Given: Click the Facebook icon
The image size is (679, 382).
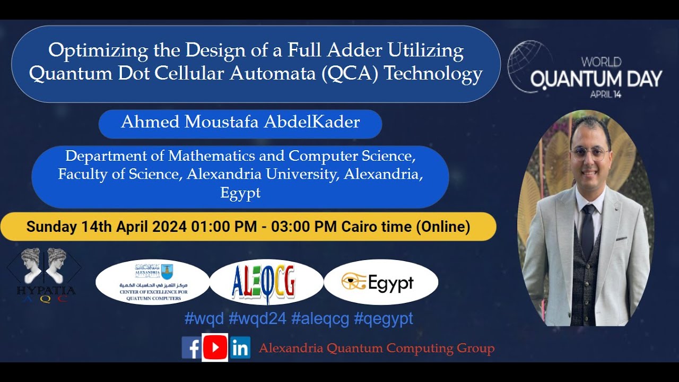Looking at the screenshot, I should click(191, 348).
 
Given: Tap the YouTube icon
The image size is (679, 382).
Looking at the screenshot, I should click(215, 348).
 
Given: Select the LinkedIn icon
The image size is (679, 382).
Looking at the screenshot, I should click(240, 348).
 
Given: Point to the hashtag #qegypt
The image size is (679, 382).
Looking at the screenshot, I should click(383, 318).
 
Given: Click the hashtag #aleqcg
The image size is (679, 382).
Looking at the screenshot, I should click(320, 318).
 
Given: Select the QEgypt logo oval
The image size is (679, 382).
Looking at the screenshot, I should click(380, 282).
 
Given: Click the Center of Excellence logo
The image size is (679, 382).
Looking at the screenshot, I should click(153, 282).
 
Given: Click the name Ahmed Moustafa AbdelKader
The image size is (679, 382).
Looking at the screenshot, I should click(240, 123).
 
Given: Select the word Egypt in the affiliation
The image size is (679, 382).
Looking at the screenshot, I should click(240, 193).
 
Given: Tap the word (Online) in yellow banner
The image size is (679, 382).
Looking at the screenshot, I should click(442, 227).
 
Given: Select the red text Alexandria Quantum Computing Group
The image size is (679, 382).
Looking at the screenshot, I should click(377, 349).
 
